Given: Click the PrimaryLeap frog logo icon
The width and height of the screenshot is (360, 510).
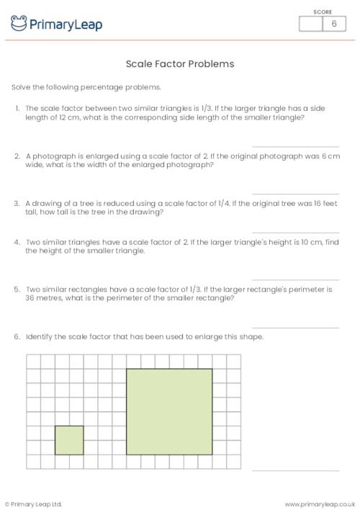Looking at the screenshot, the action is pyautogui.click(x=19, y=24).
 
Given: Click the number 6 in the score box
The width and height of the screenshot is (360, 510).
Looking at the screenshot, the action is pyautogui.click(x=333, y=24).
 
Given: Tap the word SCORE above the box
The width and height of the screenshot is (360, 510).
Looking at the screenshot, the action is pyautogui.click(x=323, y=12).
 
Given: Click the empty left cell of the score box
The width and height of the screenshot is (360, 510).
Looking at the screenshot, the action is pyautogui.click(x=311, y=24).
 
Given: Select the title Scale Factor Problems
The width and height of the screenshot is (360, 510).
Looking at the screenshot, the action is pyautogui.click(x=180, y=63).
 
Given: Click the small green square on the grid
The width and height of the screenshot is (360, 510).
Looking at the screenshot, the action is pyautogui.click(x=69, y=439).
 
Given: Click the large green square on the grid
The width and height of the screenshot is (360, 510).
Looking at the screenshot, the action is pyautogui.click(x=169, y=411).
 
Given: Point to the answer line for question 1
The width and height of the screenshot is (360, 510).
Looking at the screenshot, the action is pyautogui.click(x=295, y=146).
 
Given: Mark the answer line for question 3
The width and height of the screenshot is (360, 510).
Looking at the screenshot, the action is pyautogui.click(x=295, y=233).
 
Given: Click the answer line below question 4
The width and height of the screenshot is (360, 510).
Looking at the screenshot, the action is pyautogui.click(x=295, y=280).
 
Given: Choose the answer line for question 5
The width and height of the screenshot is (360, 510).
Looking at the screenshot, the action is pyautogui.click(x=295, y=328).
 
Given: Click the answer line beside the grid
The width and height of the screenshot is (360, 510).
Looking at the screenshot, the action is pyautogui.click(x=295, y=470).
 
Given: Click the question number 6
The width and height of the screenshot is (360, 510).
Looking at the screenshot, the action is pyautogui.click(x=17, y=337).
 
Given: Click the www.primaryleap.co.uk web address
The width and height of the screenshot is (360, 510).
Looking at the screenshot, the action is pyautogui.click(x=320, y=504).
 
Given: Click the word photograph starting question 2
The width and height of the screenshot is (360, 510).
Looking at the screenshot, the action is pyautogui.click(x=52, y=156).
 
